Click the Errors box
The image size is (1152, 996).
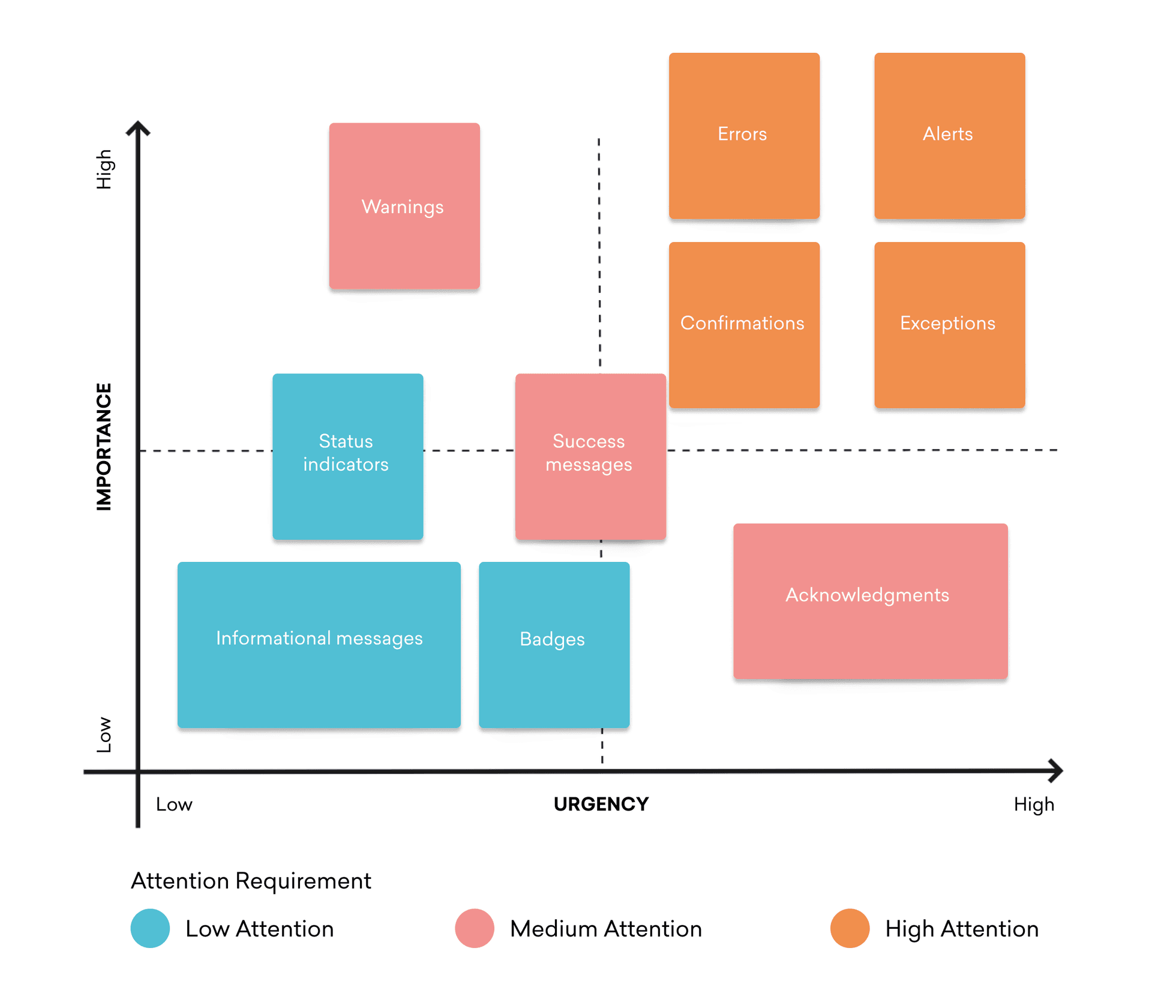point(744,136)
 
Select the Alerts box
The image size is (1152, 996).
point(949,136)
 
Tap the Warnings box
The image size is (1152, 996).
point(404,206)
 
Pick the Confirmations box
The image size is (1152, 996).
point(744,325)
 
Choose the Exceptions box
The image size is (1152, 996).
point(949,325)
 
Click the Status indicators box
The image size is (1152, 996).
point(347,456)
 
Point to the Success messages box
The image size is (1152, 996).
point(590,456)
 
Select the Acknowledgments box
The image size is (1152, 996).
point(870,600)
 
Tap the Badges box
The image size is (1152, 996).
point(554,644)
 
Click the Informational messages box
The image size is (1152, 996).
point(319,644)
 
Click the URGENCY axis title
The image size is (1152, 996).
point(601,804)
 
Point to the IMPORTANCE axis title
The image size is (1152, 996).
point(104,447)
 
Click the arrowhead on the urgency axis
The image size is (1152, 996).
point(1055,770)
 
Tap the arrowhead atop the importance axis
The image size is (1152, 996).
point(138,127)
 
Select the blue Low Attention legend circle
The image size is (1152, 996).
point(150,928)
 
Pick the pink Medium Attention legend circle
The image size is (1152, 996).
point(474,928)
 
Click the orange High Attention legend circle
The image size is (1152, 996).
point(850,928)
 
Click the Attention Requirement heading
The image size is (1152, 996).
point(251,881)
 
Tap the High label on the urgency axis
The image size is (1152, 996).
point(1033,804)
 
